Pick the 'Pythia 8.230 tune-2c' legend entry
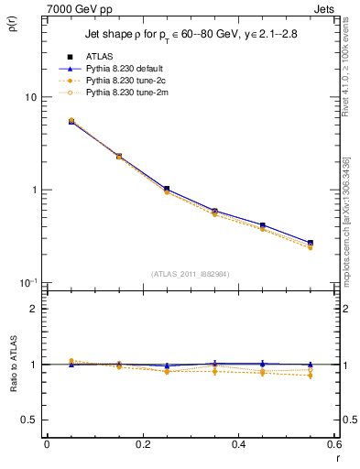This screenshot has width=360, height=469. coord(134,81)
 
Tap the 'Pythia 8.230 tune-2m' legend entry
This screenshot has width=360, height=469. coord(134,93)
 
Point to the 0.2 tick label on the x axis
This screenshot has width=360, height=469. coord(142,444)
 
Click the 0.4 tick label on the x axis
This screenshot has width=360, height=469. coord(238,444)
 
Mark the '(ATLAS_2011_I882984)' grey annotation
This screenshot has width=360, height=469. coord(190,273)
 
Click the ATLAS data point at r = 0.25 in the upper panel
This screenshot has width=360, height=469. coord(167,189)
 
